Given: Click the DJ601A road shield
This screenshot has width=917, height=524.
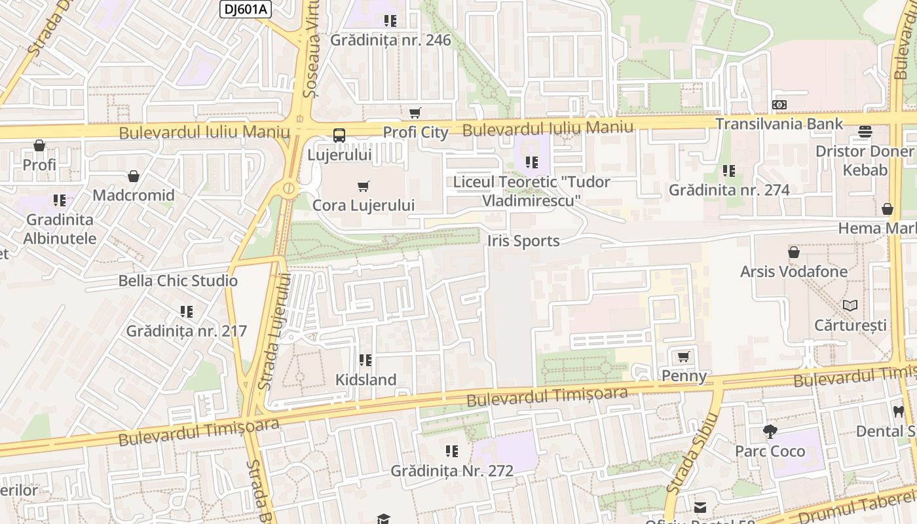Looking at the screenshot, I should click(245, 9).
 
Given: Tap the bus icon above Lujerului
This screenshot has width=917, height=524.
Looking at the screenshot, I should click(339, 136).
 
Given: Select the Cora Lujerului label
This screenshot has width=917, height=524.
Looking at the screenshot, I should click(364, 205).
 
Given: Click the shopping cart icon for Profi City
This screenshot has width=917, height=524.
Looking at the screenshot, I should click(415, 113).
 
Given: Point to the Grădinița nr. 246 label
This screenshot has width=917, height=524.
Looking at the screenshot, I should click(390, 40).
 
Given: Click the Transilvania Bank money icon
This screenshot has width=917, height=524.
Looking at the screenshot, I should click(779, 105).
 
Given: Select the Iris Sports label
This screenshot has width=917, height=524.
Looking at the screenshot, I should click(523, 241).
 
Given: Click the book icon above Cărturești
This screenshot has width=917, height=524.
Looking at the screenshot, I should click(850, 305).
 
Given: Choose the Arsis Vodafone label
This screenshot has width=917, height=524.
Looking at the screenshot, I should click(794, 271).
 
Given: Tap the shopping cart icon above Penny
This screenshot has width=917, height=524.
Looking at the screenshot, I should click(684, 357).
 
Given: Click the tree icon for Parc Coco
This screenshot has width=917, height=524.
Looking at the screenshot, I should click(770, 432).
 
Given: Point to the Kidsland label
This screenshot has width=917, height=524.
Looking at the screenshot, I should click(365, 380).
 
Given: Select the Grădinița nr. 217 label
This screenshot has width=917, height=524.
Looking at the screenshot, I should click(187, 331).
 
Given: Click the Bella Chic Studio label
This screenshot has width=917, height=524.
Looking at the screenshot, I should click(178, 281).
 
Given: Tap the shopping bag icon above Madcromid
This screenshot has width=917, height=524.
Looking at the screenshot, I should click(134, 176).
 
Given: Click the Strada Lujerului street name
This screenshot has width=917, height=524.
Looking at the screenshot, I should click(275, 332).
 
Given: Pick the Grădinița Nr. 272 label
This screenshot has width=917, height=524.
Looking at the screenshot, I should click(452, 470).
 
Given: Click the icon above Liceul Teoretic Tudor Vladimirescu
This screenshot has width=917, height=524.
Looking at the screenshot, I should click(531, 162).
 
